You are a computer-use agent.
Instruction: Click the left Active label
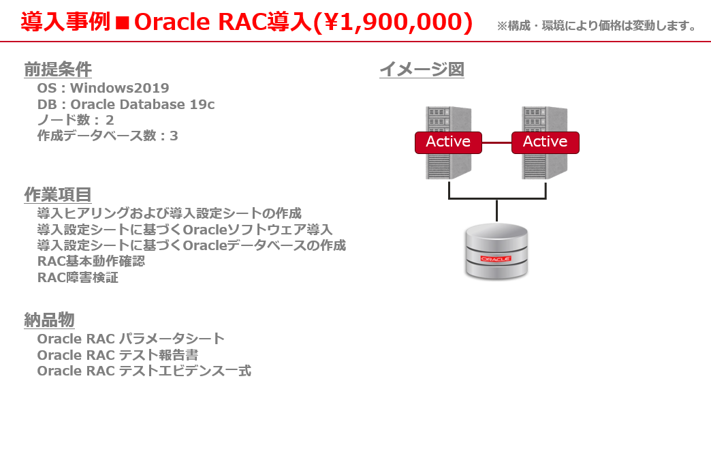tap(448, 142)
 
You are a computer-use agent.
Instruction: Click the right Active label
tap(545, 142)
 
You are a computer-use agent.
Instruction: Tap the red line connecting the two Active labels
tap(496, 142)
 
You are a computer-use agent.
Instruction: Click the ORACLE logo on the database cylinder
tap(496, 258)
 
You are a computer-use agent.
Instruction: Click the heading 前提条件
tap(58, 70)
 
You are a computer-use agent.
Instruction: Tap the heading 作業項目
tap(58, 195)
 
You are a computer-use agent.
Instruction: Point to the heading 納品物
tap(49, 320)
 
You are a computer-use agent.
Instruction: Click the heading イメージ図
tap(422, 70)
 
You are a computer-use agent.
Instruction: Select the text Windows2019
tap(119, 88)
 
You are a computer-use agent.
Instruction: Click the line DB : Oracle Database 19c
tap(125, 104)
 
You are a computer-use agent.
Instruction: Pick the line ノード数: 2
tap(76, 120)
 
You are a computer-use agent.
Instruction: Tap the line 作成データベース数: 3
tap(108, 136)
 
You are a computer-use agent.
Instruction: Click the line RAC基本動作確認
tap(91, 261)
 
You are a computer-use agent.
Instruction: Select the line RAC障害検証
tap(78, 277)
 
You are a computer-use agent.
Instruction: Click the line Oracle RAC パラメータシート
tap(131, 339)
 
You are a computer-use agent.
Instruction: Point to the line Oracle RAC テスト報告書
tap(117, 355)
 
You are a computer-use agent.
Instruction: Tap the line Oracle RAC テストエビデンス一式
tap(144, 371)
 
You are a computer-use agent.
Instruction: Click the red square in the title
tap(123, 22)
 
